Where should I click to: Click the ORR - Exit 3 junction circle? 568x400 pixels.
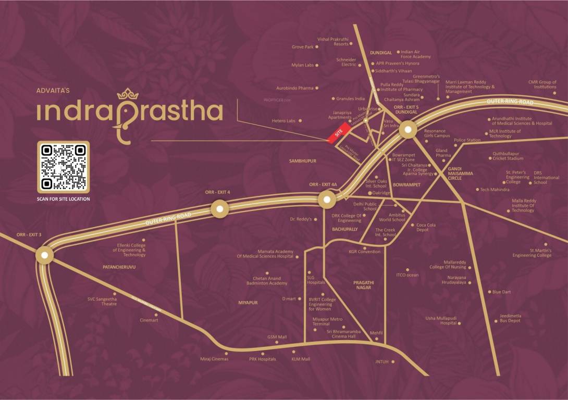point(45,255)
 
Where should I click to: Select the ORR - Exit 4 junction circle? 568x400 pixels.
point(219,209)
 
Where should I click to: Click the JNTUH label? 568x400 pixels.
point(382,361)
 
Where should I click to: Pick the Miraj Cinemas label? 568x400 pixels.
point(214,359)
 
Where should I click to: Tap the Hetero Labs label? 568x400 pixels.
point(283,121)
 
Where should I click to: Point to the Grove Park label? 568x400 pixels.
point(302,47)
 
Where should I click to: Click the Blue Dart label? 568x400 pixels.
point(501,292)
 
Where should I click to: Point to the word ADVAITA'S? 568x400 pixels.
point(53,91)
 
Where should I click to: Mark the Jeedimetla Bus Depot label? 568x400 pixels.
point(510,318)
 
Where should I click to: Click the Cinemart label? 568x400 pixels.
point(149,320)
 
